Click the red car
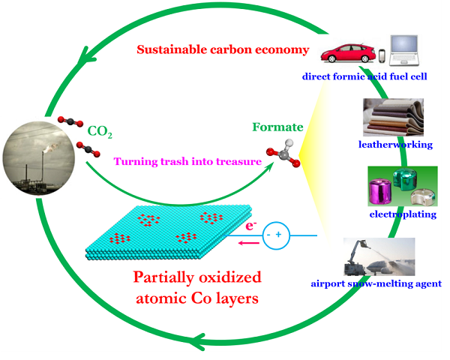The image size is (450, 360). (348, 53)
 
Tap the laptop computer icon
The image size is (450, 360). (404, 50)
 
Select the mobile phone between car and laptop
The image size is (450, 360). (382, 55)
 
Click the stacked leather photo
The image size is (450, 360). (393, 117)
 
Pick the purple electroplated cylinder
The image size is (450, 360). (380, 191)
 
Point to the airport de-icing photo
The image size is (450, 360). (379, 256)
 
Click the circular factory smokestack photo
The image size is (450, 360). (39, 158)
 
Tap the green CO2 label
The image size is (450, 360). (100, 131)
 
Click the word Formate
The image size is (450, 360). (277, 127)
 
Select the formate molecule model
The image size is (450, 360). (283, 154)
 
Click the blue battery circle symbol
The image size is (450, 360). (276, 235)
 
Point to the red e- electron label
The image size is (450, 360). (250, 226)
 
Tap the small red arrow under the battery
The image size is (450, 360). (249, 244)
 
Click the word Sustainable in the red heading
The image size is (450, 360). (172, 49)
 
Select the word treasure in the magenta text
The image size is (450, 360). (238, 161)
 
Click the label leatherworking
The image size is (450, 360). (395, 145)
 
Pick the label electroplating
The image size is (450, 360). (403, 214)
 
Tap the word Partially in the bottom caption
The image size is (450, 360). (163, 278)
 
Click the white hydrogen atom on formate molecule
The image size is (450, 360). (289, 142)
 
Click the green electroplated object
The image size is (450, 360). (405, 178)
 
